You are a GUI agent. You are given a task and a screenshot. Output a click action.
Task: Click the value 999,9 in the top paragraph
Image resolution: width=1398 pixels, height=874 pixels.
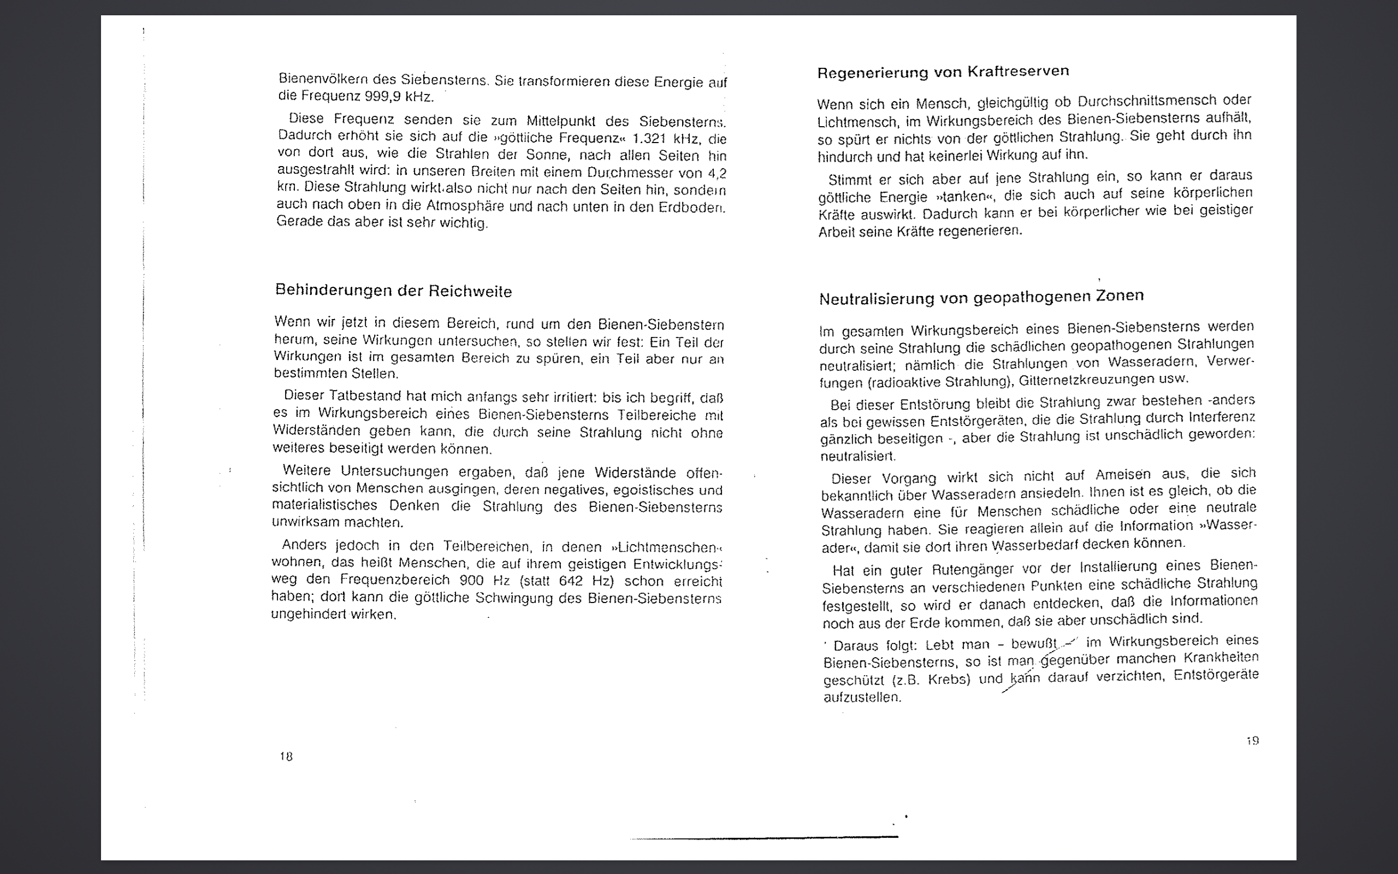[383, 96]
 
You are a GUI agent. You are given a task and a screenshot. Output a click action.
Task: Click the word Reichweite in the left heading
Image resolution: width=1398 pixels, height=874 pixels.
[470, 291]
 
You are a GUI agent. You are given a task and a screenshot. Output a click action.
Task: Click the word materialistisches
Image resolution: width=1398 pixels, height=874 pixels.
[325, 505]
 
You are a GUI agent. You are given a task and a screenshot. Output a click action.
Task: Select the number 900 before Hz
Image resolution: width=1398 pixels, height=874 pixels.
[472, 580]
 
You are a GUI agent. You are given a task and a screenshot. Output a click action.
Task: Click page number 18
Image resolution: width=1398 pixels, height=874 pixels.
[286, 756]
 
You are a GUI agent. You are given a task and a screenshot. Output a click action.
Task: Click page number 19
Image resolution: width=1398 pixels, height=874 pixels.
[1252, 741]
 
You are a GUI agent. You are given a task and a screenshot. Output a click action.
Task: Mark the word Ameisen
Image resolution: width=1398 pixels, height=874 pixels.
[1123, 475]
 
